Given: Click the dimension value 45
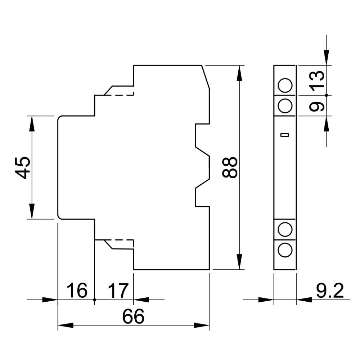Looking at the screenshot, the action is [23, 168].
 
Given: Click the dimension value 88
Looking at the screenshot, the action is [230, 167].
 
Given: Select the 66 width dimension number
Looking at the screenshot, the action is [134, 316].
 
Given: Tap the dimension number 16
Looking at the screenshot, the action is [77, 291].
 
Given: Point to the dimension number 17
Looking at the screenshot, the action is [118, 291].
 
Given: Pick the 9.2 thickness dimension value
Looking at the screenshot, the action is [330, 291].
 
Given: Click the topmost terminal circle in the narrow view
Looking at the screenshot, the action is [285, 85].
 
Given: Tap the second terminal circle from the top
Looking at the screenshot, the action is [285, 106].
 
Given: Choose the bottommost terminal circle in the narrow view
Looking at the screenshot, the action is [285, 250].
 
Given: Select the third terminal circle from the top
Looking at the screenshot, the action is [285, 229].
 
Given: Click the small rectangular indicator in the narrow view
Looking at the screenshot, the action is [285, 135].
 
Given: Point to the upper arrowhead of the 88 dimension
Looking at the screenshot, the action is [239, 73].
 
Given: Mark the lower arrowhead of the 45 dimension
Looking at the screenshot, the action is [32, 211].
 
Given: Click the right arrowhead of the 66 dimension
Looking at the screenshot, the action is [202, 325].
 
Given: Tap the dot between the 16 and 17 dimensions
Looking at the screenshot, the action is [95, 300].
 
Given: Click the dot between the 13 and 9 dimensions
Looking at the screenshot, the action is [327, 95].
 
